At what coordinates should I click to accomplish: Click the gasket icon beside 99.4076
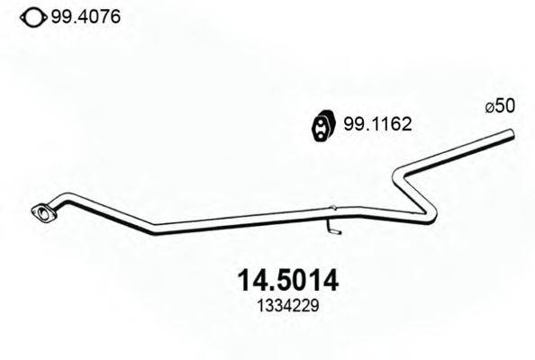point(32,16)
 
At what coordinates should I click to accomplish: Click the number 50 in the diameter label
point(505,106)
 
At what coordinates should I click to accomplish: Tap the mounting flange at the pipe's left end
point(40,213)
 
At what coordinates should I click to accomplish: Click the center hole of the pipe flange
point(40,213)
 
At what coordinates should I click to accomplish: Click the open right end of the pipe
point(511,135)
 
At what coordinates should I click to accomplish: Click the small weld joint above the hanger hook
point(330,209)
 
